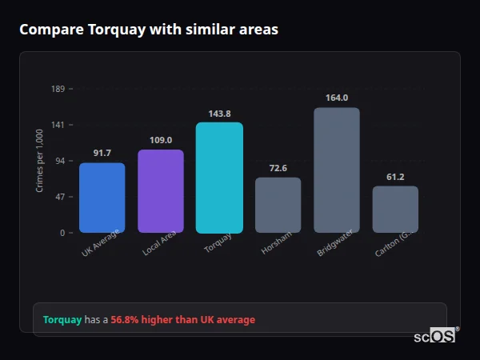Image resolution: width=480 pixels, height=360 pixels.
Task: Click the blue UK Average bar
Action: [x=102, y=198]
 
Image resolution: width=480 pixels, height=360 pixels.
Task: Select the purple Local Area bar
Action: [x=161, y=191]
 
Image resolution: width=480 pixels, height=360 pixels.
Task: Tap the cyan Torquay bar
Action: [x=219, y=178]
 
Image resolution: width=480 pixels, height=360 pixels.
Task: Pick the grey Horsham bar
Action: [x=278, y=205]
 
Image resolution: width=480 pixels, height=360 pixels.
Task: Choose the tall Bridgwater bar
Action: [x=337, y=170]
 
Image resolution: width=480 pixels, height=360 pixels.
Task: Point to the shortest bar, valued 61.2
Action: [x=395, y=210]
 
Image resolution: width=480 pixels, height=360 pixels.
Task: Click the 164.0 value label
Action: [x=337, y=98]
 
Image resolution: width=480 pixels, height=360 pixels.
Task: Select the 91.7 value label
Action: [x=102, y=153]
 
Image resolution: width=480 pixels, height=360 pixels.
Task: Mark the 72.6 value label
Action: [x=278, y=168]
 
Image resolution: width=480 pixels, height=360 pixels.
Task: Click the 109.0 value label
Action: [x=161, y=140]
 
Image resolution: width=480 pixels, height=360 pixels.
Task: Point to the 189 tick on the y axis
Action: [x=58, y=89]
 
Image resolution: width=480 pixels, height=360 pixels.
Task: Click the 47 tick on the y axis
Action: [x=60, y=197]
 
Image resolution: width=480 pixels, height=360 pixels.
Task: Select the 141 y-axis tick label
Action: [x=58, y=125]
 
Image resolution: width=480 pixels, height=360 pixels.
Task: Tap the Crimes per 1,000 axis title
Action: [x=40, y=161]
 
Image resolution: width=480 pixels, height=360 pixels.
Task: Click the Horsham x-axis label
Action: [x=276, y=243]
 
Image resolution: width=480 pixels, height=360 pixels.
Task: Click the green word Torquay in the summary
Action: [x=62, y=320]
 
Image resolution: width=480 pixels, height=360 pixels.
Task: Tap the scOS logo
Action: [x=434, y=336]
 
